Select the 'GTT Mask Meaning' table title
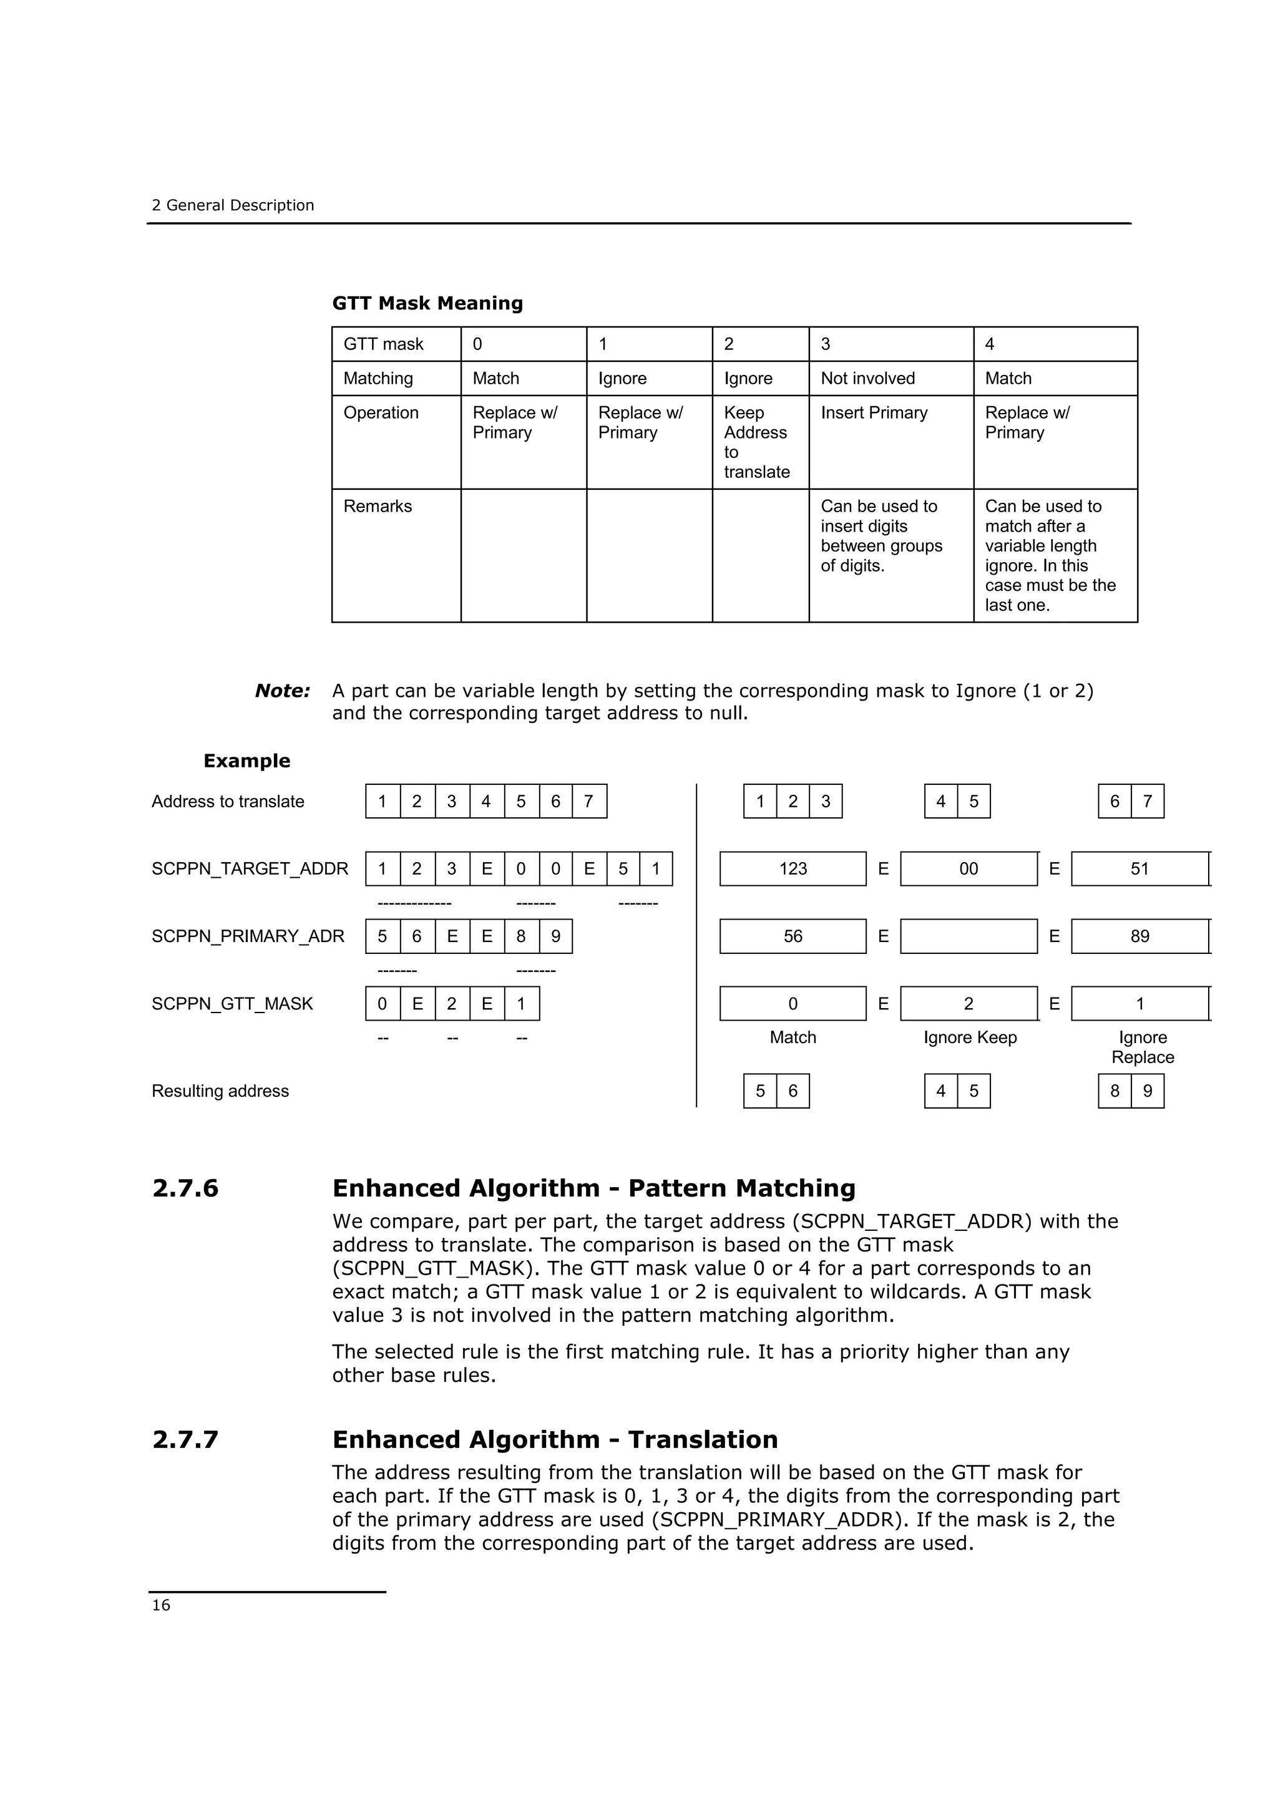[427, 303]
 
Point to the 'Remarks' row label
[377, 507]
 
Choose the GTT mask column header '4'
[989, 344]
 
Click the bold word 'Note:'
[282, 691]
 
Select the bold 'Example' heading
[246, 761]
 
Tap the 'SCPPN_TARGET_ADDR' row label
[250, 868]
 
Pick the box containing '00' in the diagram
[968, 868]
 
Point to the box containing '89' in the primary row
[1139, 936]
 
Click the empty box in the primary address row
[968, 936]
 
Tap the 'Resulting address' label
[220, 1091]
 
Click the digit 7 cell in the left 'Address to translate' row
[588, 802]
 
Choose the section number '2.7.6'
[185, 1188]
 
